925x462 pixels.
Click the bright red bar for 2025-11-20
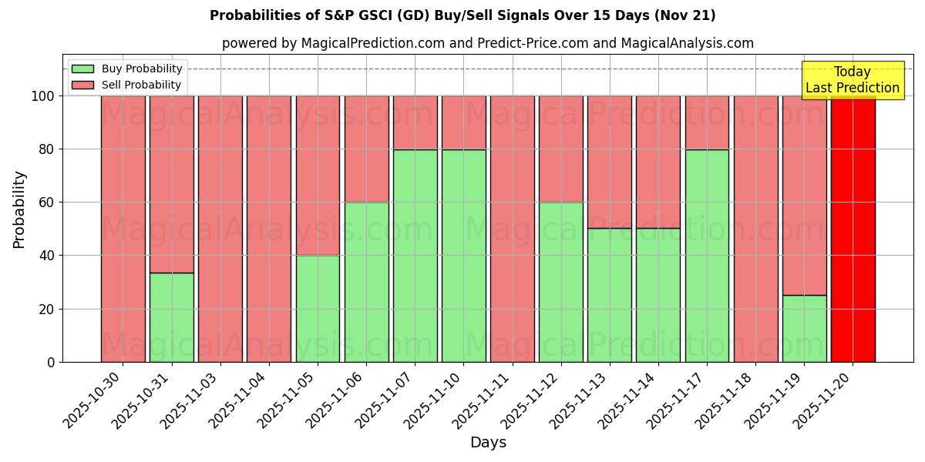point(853,229)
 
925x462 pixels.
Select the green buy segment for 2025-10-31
point(171,317)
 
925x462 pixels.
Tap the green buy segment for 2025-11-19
point(804,329)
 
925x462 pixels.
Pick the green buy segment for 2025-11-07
point(415,256)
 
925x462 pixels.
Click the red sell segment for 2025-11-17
point(707,122)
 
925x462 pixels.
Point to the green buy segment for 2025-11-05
point(318,309)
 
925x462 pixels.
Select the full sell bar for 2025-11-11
point(512,229)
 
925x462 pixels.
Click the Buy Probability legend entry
point(127,69)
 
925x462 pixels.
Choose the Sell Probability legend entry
point(127,85)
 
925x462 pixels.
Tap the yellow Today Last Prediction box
point(852,80)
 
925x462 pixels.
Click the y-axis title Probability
point(19,209)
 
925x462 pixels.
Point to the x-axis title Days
point(488,443)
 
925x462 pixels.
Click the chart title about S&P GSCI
point(462,15)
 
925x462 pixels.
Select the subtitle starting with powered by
point(488,43)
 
